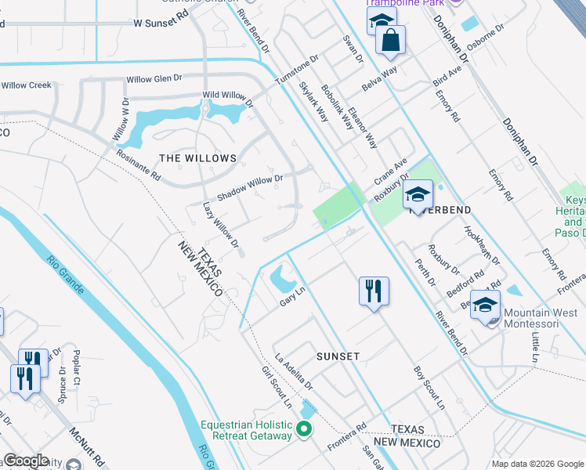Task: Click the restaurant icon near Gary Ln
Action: [374, 291]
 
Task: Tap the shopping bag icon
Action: [390, 40]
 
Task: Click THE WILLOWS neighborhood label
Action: [197, 158]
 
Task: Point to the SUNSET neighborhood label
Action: [338, 356]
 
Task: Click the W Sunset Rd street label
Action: [162, 24]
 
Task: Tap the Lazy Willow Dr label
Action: [220, 226]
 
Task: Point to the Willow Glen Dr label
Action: [154, 78]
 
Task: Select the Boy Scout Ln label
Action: [429, 389]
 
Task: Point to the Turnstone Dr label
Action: [297, 70]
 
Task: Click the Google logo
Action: [26, 461]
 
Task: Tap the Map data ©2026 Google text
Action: [537, 464]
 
